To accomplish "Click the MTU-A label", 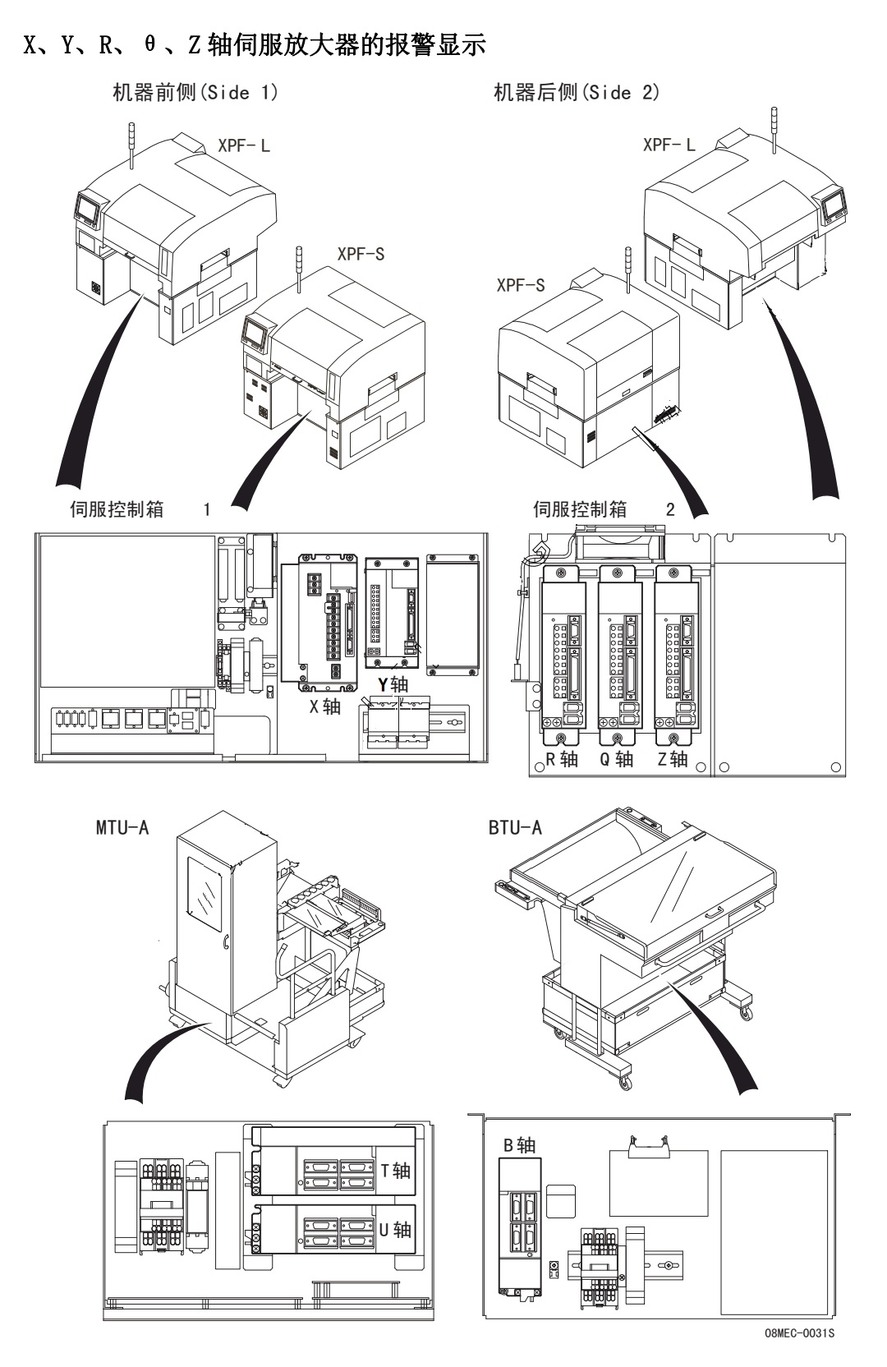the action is point(122,827).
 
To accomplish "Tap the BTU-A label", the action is point(515,827).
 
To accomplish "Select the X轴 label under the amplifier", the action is point(325,707).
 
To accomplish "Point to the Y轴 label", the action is point(393,684).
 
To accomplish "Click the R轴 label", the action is point(561,759).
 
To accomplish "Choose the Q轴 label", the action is point(617,759).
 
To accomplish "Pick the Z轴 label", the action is point(673,759).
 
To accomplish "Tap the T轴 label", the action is point(395,1171).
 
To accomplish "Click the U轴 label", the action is point(395,1230).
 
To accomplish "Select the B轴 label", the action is point(520,1145).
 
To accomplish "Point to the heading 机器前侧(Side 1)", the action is point(195,93).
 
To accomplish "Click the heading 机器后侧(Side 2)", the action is point(577,93).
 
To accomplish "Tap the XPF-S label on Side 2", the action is point(521,285).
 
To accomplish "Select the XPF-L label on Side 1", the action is point(244,146).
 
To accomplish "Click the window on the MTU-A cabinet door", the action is point(205,894).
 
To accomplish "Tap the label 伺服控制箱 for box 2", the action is point(580,509).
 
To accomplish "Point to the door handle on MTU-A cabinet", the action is point(226,942).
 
